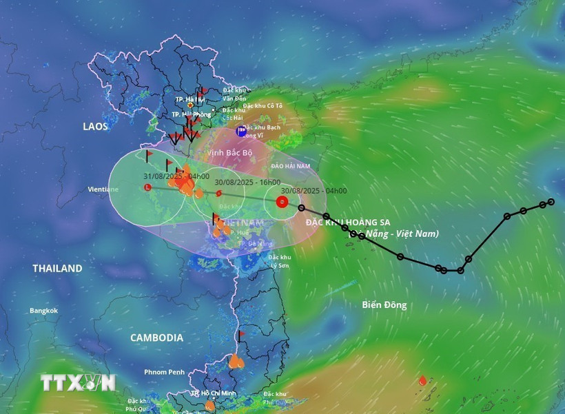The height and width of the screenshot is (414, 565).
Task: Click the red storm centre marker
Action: coord(281,202)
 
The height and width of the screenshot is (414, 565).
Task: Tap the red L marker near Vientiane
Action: coord(147,187)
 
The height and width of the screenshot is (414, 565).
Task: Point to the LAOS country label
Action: coord(96,127)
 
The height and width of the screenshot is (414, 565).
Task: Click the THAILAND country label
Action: coord(57,269)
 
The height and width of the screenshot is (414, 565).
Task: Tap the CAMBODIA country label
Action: coord(157,338)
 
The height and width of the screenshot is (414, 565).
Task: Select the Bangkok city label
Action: coord(43,311)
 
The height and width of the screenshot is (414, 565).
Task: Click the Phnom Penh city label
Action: coord(165,372)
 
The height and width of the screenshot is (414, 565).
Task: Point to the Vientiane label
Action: coord(103,189)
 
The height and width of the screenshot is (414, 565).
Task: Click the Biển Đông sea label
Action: coord(384,304)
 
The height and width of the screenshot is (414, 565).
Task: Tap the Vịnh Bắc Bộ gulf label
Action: coord(230,152)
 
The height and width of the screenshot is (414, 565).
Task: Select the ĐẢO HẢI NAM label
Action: coord(291,167)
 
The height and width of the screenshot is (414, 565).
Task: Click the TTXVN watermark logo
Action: coord(77,382)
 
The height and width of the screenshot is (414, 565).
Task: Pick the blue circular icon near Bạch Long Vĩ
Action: coord(241,131)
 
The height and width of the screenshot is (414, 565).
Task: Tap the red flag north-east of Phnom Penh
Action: coord(240,335)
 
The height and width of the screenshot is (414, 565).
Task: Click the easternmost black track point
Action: coord(551,202)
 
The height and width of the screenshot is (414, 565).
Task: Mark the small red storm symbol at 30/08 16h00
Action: coord(218,194)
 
